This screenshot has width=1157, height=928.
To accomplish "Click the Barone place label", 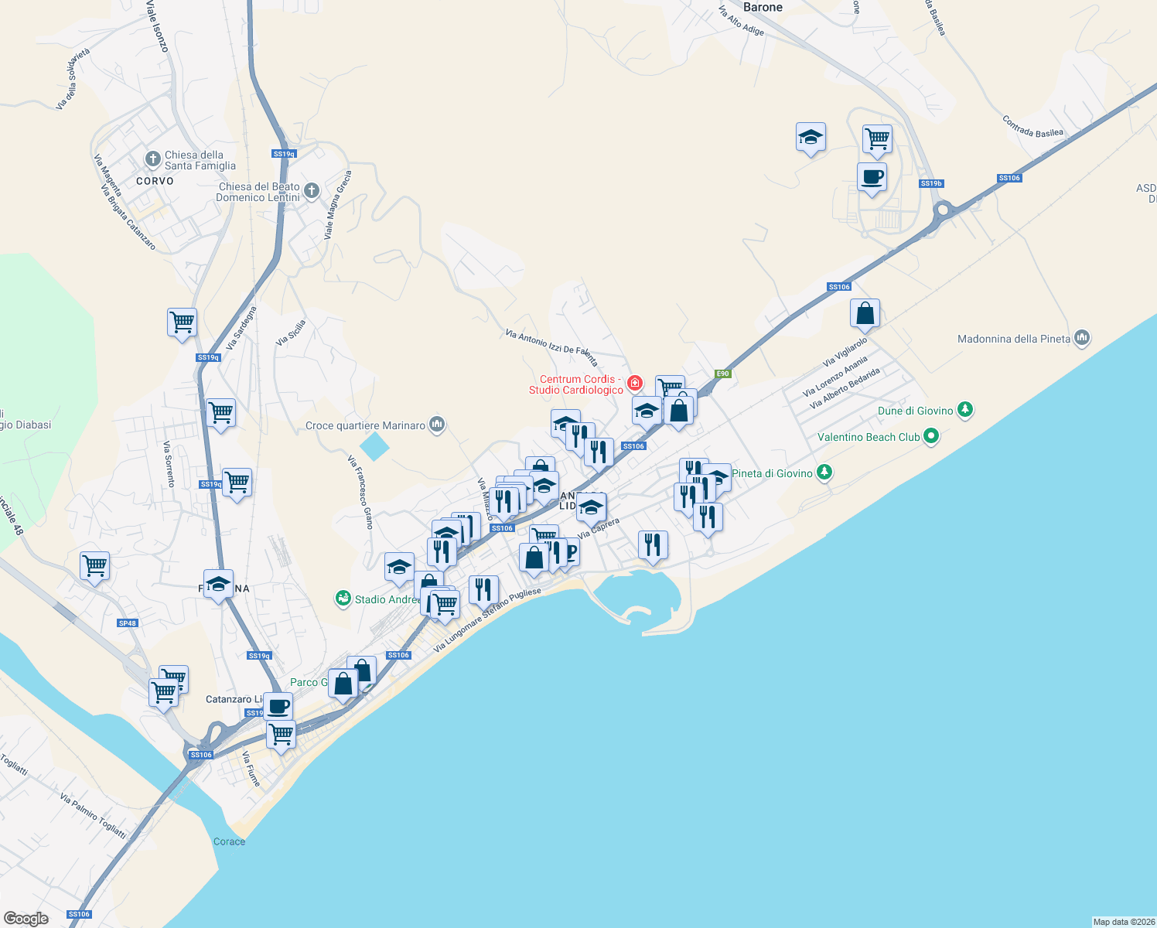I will [763, 8].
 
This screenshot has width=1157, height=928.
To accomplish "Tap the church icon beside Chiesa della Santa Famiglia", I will [152, 159].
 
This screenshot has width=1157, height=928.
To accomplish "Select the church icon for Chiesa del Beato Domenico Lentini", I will [312, 191].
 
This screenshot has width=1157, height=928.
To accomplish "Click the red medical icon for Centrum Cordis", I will [635, 383].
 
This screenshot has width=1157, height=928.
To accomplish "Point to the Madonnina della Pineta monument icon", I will [1082, 338].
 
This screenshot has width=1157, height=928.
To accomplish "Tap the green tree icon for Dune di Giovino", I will [964, 410].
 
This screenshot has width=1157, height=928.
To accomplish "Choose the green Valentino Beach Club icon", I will [931, 437].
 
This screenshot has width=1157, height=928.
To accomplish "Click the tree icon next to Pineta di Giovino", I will [824, 473].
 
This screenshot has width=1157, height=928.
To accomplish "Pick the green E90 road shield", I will [722, 374].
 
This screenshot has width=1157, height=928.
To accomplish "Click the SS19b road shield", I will [931, 184].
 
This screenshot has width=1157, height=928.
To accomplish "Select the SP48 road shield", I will [128, 623].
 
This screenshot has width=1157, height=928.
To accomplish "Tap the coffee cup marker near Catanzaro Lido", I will [278, 705].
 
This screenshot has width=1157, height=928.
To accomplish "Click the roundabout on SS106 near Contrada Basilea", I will [943, 210].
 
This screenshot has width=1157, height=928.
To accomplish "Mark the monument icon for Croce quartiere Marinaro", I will [437, 425].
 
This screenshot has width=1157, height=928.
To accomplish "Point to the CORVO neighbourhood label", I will [155, 181].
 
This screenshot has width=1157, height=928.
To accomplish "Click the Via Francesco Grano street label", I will [360, 492].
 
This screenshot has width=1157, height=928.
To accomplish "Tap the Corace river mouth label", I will [229, 841].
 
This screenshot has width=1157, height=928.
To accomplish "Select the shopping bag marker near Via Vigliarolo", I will [865, 314].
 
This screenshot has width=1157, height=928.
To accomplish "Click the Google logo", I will [26, 919].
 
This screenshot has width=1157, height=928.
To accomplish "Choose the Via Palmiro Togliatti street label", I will [93, 816].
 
